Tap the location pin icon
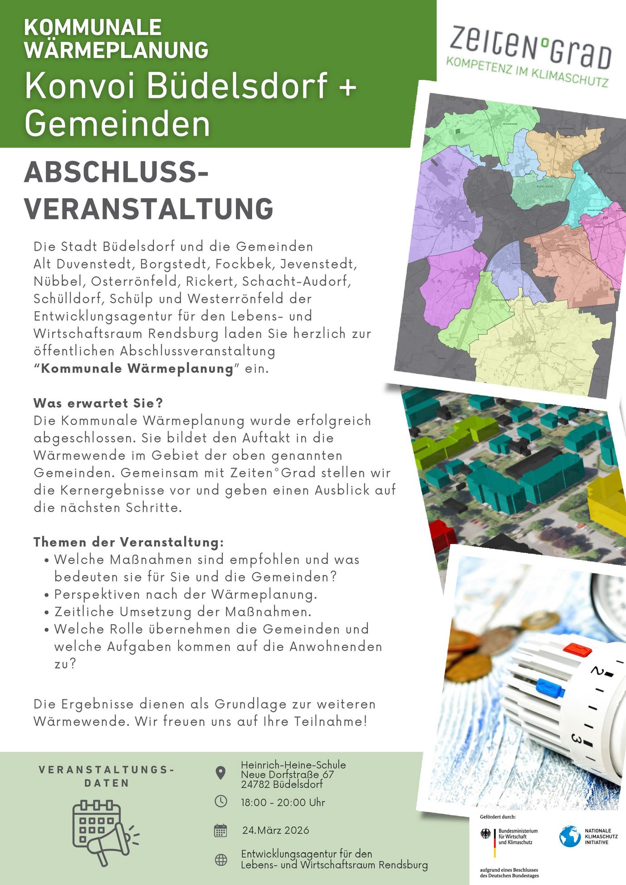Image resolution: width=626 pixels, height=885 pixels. tap(220, 773)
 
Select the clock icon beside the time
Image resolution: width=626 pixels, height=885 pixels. tap(220, 801)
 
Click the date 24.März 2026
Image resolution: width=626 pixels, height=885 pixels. tap(275, 830)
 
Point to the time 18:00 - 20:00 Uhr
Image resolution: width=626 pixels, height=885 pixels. tap(283, 802)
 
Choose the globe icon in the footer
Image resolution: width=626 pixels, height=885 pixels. tap(221, 860)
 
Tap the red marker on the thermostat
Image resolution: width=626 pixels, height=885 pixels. tap(577, 649)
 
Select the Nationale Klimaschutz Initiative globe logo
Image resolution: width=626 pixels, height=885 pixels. tap(569, 836)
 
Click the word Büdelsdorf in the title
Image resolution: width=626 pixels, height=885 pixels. tap(237, 85)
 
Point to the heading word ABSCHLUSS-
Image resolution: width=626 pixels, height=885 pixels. tap(116, 173)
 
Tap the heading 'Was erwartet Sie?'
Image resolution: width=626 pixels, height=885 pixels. tap(98, 403)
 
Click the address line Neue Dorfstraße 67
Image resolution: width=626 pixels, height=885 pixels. tap(287, 774)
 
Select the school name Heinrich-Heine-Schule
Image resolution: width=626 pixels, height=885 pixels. tap(293, 765)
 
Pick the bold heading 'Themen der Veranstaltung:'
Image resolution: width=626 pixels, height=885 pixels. tap(128, 542)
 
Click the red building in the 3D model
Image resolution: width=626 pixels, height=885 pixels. tap(442, 536)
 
